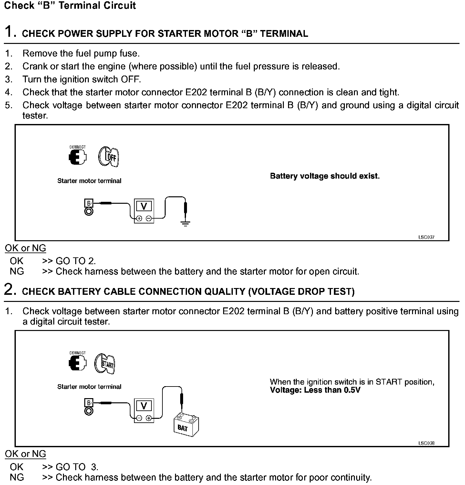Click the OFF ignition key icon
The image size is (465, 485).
pyautogui.click(x=109, y=157)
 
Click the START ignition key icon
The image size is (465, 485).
pyautogui.click(x=105, y=364)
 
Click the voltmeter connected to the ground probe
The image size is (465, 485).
pyautogui.click(x=144, y=211)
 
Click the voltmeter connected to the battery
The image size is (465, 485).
pyautogui.click(x=144, y=410)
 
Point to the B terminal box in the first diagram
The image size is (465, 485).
pyautogui.click(x=89, y=203)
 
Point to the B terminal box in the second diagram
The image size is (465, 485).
pyautogui.click(x=89, y=403)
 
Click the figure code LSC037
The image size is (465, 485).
pyautogui.click(x=426, y=237)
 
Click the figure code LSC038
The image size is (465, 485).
pyautogui.click(x=426, y=443)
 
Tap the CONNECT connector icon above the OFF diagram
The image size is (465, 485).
pyautogui.click(x=78, y=157)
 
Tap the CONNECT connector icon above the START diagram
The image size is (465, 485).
pyautogui.click(x=78, y=363)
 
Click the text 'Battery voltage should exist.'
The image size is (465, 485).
pyautogui.click(x=325, y=176)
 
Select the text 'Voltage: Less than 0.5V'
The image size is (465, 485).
pyautogui.click(x=315, y=390)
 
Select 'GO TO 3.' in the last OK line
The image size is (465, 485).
pyautogui.click(x=77, y=467)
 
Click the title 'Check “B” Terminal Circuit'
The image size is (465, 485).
pyautogui.click(x=70, y=5)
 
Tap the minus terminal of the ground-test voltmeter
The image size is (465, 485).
pyautogui.click(x=149, y=219)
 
